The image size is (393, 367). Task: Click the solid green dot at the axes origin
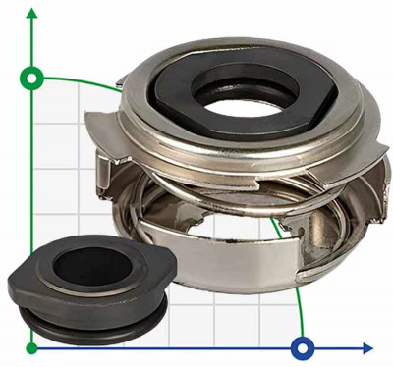click(x=32, y=346)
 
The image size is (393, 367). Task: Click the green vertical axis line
click(x=32, y=196)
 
